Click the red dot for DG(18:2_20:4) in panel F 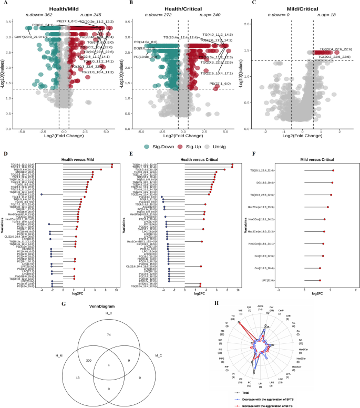pyautogui.click(x=332, y=182)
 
